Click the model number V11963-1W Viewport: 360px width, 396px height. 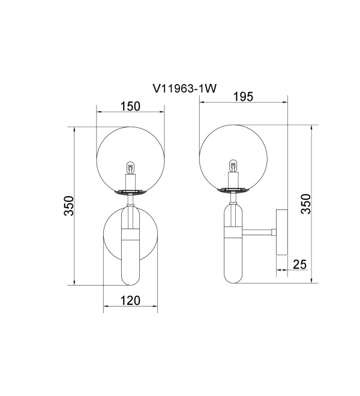(185, 89)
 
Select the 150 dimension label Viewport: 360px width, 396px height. (130, 106)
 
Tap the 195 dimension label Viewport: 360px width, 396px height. (243, 97)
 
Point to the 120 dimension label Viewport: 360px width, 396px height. (130, 301)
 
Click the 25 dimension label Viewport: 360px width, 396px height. (300, 265)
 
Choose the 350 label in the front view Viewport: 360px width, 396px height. (68, 206)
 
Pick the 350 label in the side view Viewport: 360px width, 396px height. (305, 204)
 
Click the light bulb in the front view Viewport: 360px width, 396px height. (130, 167)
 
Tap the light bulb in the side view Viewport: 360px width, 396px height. (233, 166)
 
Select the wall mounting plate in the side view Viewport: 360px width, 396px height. (282, 232)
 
